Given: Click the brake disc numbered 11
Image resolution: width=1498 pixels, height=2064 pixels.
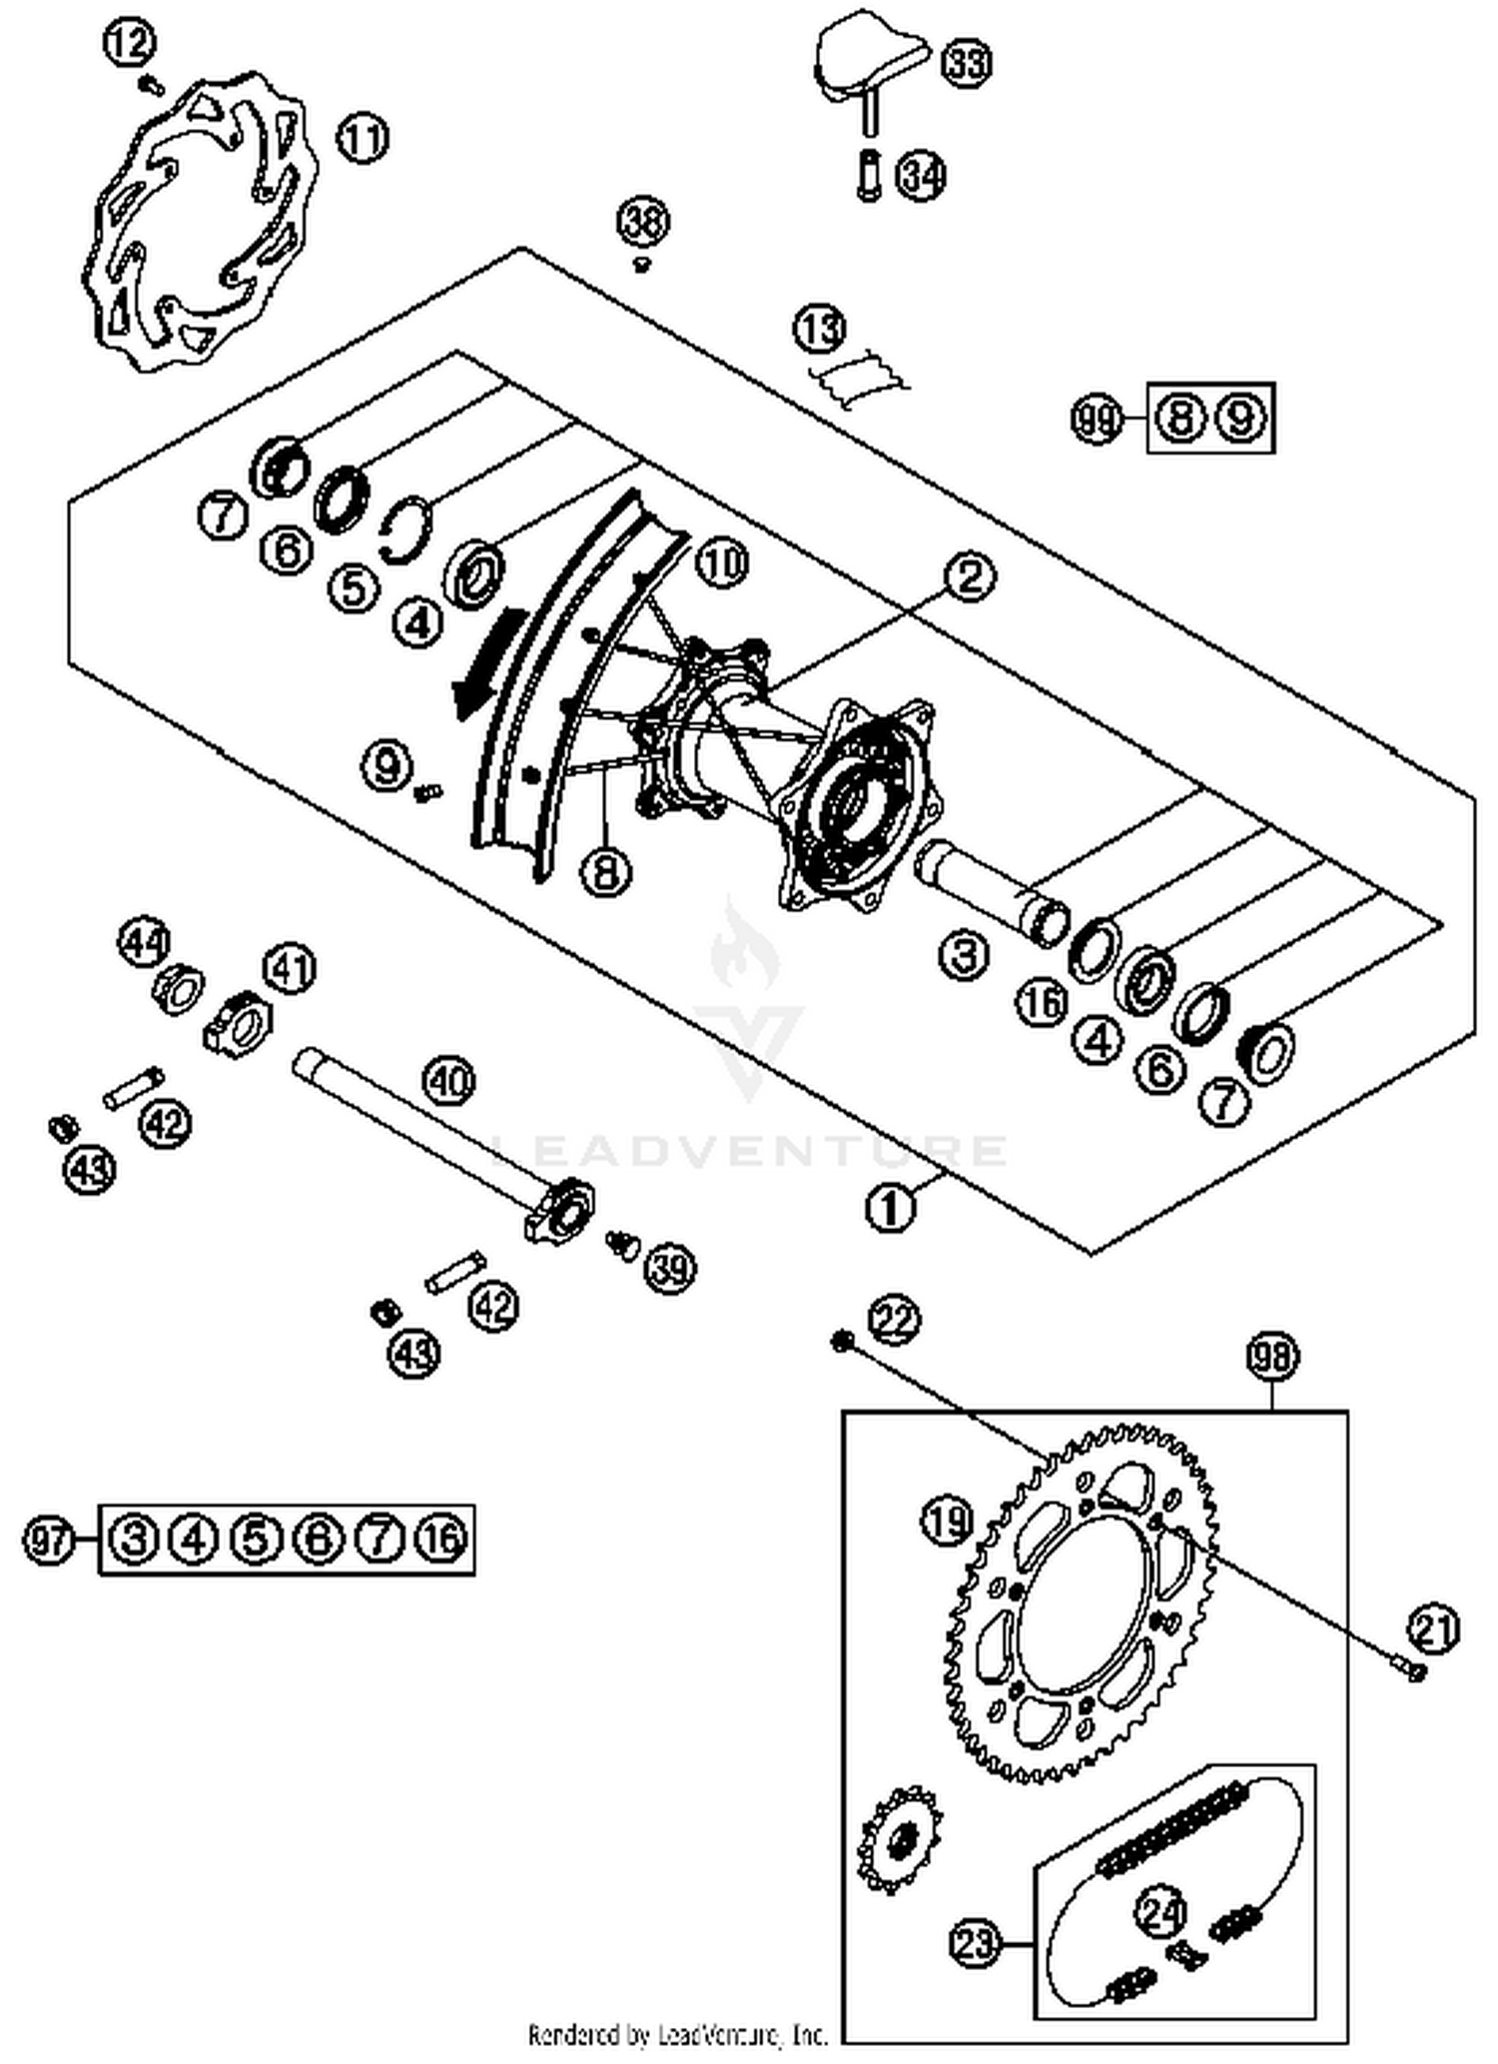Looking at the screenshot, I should click(195, 225).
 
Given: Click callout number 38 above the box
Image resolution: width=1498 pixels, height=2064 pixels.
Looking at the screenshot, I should click(643, 222).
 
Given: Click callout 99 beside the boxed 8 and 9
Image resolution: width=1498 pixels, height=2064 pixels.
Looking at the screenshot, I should click(1097, 419).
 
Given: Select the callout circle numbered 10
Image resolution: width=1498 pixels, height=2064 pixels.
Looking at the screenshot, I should click(721, 564).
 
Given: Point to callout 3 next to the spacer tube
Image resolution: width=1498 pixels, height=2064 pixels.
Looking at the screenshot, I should click(964, 955).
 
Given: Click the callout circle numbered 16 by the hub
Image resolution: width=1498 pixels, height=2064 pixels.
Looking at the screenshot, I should click(1042, 1002).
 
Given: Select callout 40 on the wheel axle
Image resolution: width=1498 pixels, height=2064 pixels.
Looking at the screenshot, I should click(449, 1081).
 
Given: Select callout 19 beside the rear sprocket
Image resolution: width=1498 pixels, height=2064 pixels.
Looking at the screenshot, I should click(946, 1521).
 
